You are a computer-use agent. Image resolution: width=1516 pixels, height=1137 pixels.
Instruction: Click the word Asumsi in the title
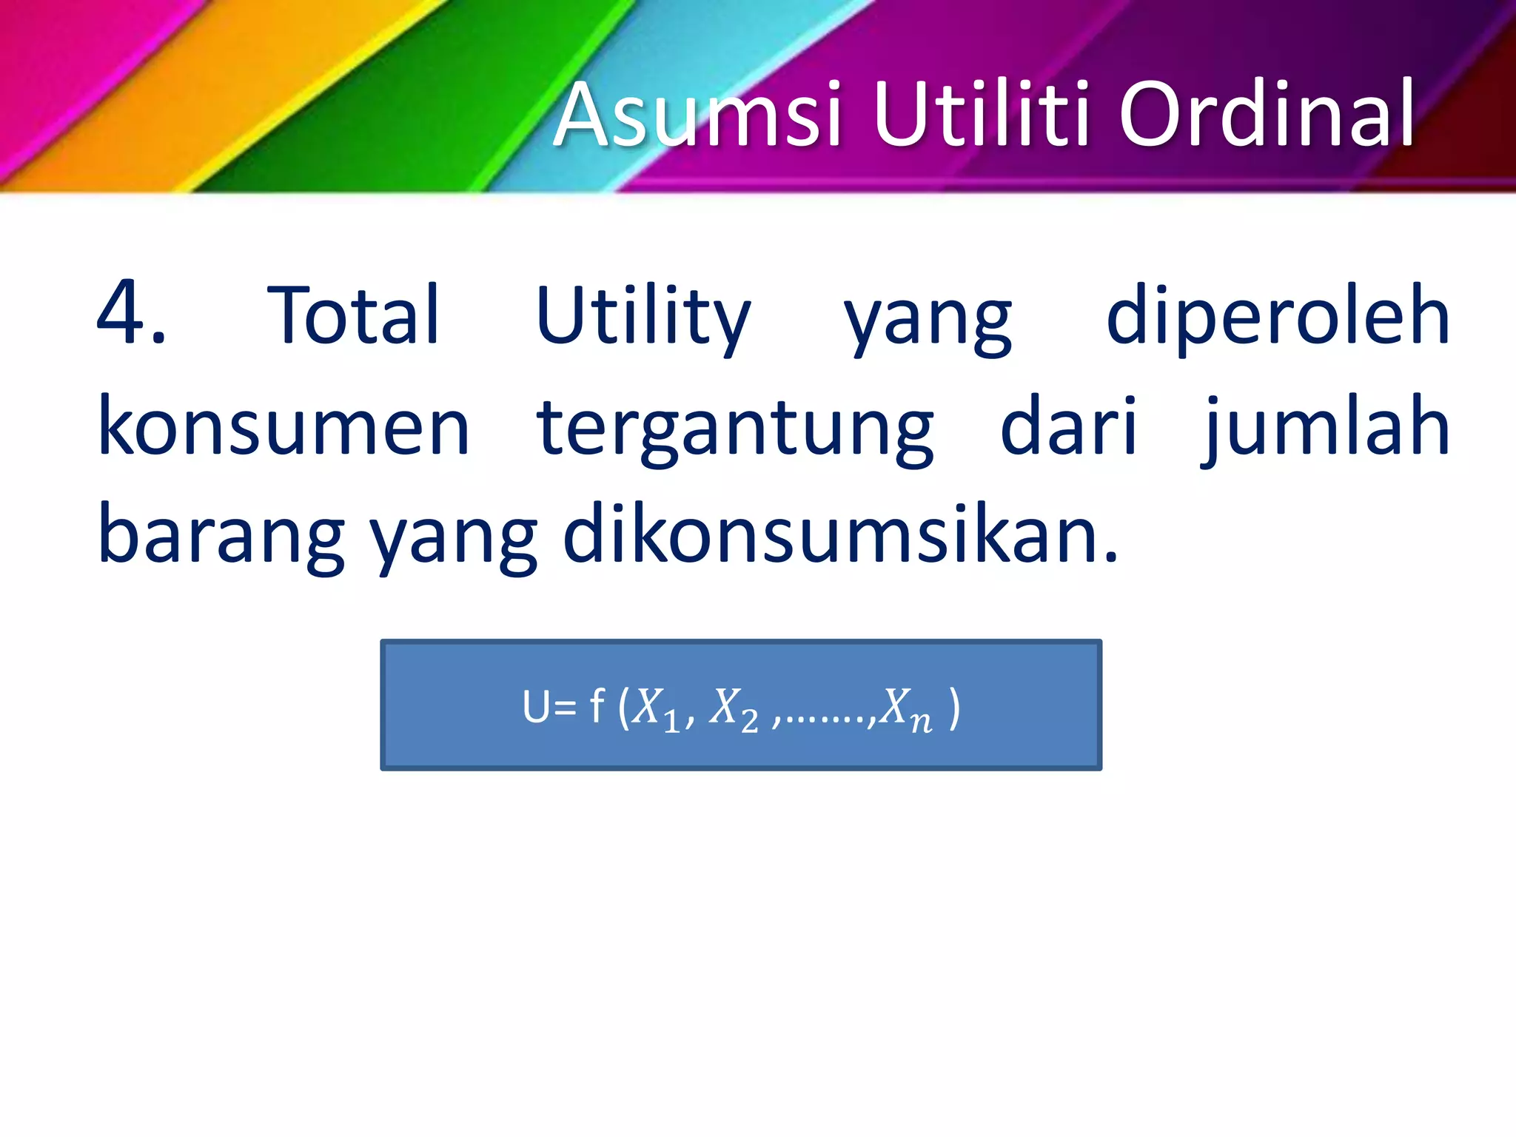point(697,116)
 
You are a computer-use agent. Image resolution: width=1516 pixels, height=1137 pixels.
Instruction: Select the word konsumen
point(284,427)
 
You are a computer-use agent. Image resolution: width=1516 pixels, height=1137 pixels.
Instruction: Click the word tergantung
point(735,429)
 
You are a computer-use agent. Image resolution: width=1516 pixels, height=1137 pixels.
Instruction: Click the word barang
point(221,537)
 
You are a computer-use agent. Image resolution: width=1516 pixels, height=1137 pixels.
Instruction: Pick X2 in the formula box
point(734,710)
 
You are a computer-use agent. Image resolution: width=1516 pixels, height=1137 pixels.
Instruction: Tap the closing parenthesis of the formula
point(954,708)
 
